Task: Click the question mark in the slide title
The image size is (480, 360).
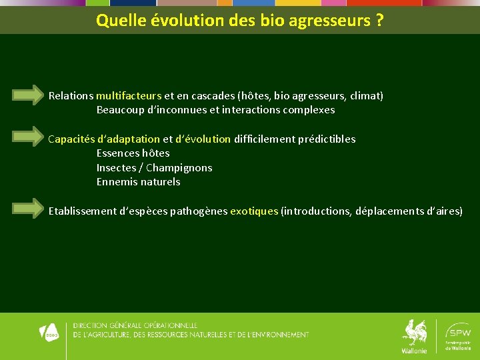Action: tap(379, 21)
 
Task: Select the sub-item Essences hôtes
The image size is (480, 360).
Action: tap(133, 153)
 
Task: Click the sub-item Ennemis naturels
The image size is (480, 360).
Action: tap(138, 182)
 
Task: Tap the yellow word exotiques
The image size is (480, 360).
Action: tap(254, 211)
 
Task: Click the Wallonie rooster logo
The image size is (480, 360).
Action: tap(414, 335)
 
